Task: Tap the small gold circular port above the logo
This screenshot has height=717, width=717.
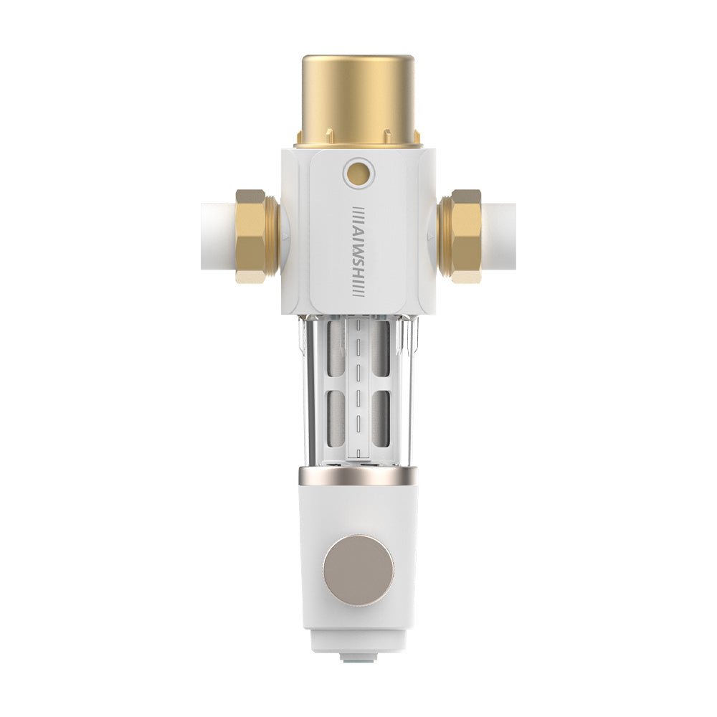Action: point(358,171)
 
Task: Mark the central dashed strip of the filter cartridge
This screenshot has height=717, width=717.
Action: point(358,387)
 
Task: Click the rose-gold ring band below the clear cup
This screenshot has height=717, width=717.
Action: point(358,475)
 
